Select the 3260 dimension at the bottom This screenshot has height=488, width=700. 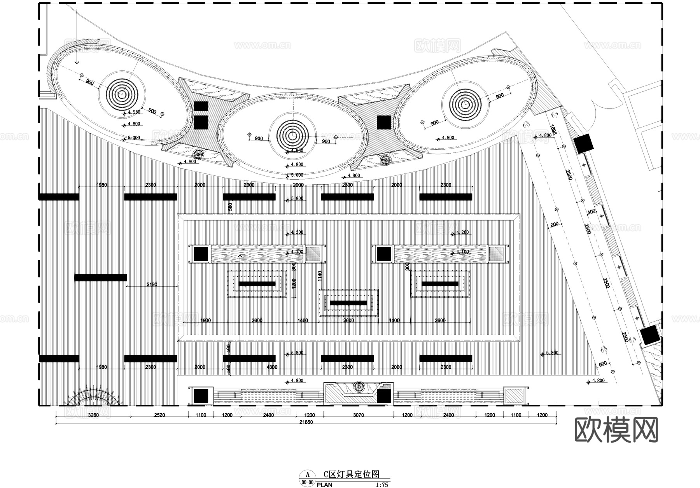[x=93, y=415]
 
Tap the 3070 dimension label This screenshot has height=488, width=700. [x=358, y=415]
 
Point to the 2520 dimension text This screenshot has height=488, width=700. [x=159, y=415]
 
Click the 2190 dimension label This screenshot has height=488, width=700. [x=152, y=285]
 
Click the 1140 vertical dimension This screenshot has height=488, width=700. [x=320, y=276]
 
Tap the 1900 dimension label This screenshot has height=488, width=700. [x=205, y=320]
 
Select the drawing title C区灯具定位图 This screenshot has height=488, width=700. [x=351, y=474]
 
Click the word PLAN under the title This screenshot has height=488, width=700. [x=324, y=485]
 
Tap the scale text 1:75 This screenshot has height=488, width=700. [x=382, y=485]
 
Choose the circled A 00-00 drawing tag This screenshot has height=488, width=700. [x=308, y=478]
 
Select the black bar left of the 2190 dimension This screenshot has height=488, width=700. [x=101, y=278]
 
